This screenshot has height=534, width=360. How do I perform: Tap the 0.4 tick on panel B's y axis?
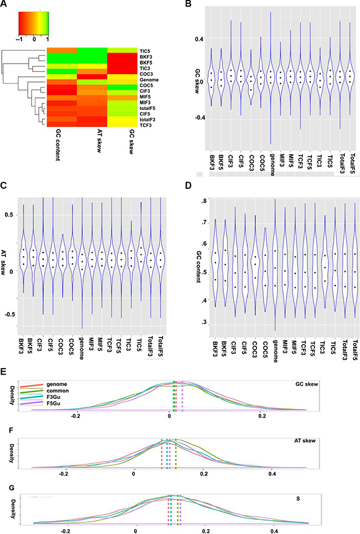pyautogui.click(x=200, y=39)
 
